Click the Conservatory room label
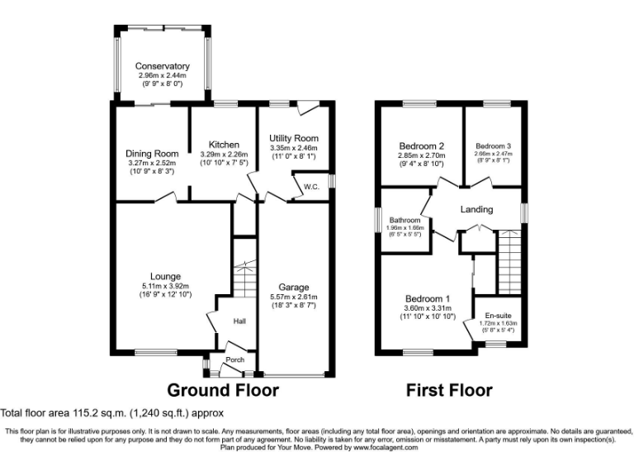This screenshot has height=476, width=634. [163, 66]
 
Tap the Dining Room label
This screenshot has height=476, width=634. [152, 154]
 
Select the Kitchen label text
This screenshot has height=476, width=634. [223, 144]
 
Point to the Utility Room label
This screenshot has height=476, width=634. [294, 138]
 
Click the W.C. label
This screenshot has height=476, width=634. [311, 187]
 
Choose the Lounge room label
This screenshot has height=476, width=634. [165, 276]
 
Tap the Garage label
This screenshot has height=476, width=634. [293, 287]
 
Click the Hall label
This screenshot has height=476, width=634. [239, 322]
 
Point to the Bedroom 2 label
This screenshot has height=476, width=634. [421, 143]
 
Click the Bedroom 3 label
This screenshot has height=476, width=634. [493, 144]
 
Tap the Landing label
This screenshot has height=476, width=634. [476, 210]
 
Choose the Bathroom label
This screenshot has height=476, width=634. [405, 221]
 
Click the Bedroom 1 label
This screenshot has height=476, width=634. [427, 298]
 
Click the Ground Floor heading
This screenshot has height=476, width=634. [223, 389]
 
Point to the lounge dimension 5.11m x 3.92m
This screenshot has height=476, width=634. [165, 287]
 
